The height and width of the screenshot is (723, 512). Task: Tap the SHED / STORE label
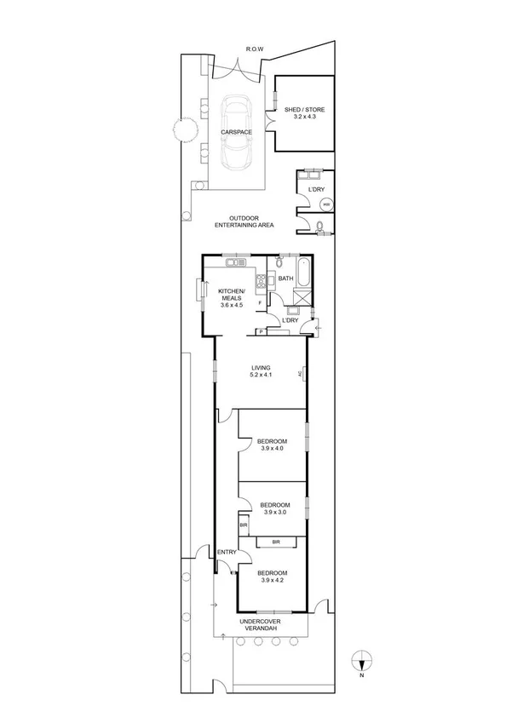click(x=303, y=112)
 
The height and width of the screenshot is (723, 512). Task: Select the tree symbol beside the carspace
click(x=181, y=129)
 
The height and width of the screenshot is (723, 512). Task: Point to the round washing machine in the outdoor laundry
click(x=325, y=204)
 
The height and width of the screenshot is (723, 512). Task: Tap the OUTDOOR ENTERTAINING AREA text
click(x=244, y=221)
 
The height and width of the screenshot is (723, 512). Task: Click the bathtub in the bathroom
click(x=304, y=275)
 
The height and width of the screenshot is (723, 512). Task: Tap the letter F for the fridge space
click(x=259, y=303)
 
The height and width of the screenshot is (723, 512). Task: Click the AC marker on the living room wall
click(x=301, y=374)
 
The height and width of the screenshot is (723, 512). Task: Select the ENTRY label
click(x=227, y=553)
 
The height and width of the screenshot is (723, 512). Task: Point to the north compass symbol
click(x=362, y=660)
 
